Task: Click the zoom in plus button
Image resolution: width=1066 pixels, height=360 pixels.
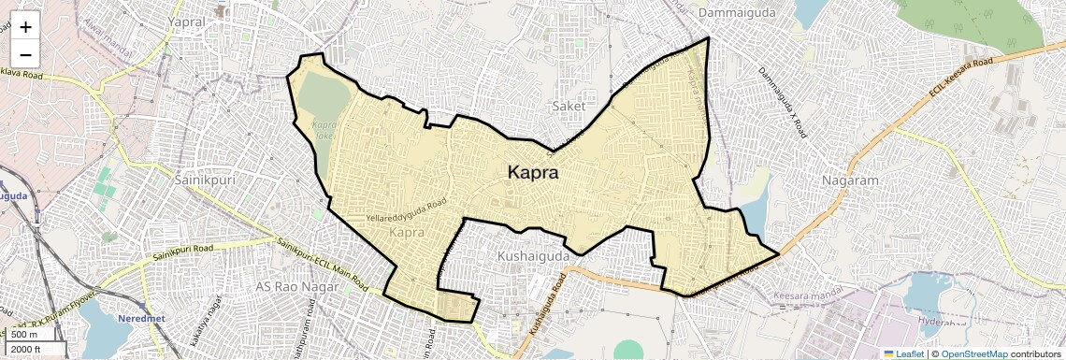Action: click(25, 27)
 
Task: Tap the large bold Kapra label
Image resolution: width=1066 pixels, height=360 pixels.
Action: click(533, 173)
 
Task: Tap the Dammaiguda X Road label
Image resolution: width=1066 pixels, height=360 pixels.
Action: click(782, 103)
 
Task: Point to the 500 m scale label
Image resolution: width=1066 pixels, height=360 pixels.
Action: click(25, 335)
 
